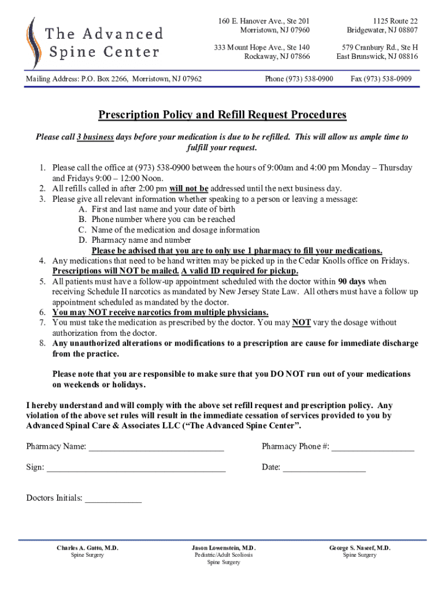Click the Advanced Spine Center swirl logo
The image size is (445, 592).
(31, 43)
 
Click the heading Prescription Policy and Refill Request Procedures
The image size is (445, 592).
(222, 114)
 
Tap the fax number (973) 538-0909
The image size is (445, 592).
(381, 78)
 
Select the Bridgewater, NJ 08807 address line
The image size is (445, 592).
(382, 30)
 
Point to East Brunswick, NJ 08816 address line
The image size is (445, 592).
(377, 57)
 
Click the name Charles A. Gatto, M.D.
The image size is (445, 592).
(87, 547)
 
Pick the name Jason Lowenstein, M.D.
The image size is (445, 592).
(224, 547)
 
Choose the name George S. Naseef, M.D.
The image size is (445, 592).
(359, 547)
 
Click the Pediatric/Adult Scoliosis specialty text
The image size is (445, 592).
(224, 555)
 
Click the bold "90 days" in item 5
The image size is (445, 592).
(351, 282)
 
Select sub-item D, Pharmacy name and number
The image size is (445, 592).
(141, 240)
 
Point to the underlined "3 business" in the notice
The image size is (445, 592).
(95, 137)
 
